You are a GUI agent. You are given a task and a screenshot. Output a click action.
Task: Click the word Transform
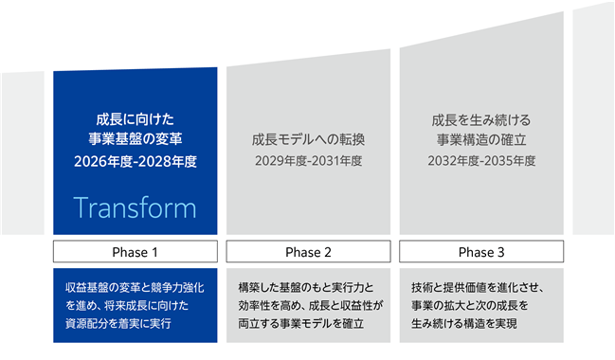click(135, 207)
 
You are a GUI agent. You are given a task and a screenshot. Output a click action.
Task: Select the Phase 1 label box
click(136, 251)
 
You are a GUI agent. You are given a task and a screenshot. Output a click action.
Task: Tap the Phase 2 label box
click(308, 251)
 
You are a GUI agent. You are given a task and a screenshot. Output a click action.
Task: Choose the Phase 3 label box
click(481, 251)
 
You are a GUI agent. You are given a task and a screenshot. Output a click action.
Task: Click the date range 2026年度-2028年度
click(136, 161)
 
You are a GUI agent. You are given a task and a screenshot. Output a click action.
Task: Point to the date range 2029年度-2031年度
click(308, 161)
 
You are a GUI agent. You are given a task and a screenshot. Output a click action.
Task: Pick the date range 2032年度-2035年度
click(481, 161)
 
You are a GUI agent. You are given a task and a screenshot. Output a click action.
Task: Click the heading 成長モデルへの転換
click(308, 139)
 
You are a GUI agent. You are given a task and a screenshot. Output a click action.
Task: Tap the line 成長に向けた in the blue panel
click(136, 119)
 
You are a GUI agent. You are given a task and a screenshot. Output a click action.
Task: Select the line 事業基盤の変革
click(136, 139)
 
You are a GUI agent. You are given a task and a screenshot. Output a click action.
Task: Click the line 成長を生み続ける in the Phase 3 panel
click(481, 120)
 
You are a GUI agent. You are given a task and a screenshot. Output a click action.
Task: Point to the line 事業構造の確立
click(481, 139)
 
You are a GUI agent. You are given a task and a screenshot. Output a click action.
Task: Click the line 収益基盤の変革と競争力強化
click(135, 288)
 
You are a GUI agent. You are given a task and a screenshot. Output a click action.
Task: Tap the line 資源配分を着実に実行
click(118, 324)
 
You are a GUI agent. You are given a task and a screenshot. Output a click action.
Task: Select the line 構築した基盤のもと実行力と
click(306, 288)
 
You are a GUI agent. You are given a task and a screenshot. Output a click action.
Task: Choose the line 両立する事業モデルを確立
click(300, 324)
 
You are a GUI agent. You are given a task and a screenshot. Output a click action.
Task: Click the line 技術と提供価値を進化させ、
click(478, 288)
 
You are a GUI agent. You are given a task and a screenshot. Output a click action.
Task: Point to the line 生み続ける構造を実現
click(464, 324)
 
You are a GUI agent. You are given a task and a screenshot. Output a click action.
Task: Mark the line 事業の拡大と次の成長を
click(469, 305)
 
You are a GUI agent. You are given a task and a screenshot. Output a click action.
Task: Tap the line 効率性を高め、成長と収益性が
click(311, 305)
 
